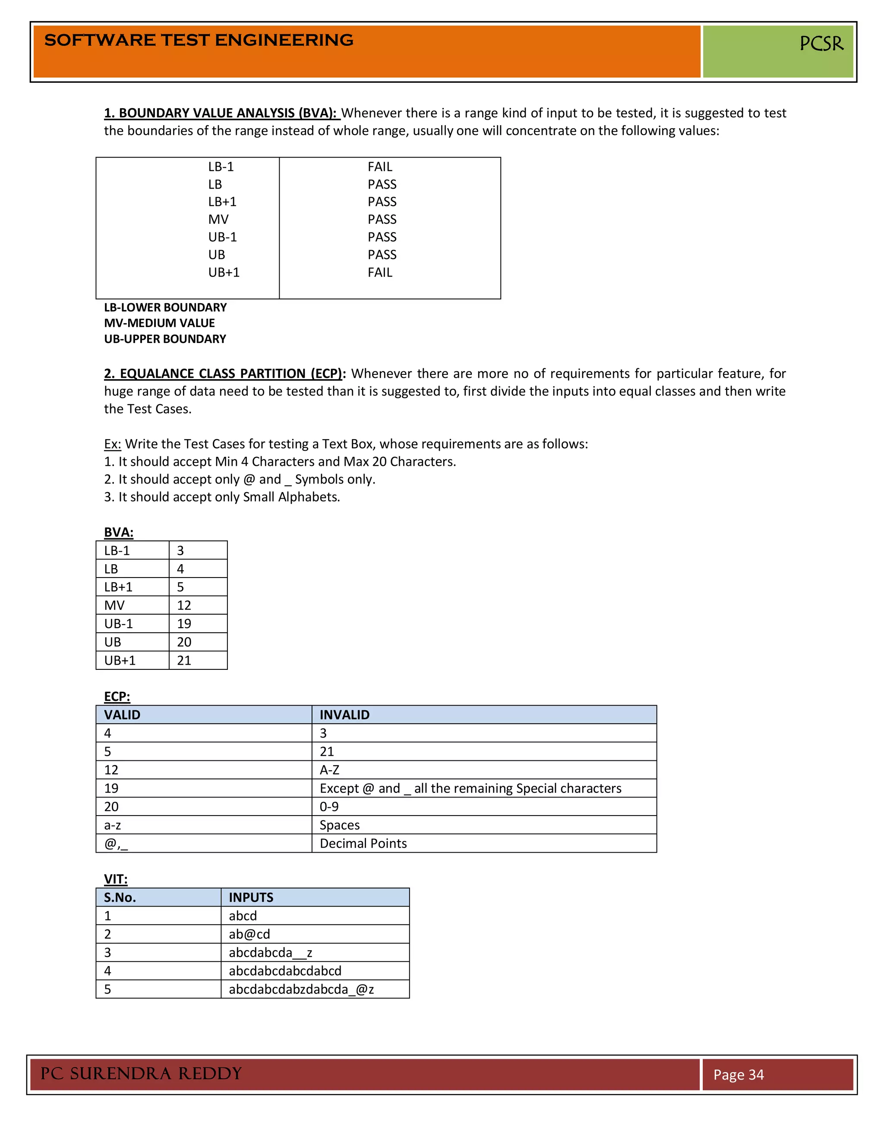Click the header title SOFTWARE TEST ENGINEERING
(x=199, y=40)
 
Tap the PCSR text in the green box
(x=821, y=44)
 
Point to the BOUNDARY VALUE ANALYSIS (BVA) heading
(x=221, y=113)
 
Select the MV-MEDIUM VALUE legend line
(x=159, y=323)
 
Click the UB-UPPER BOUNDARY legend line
(x=165, y=339)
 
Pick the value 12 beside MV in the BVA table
(x=184, y=606)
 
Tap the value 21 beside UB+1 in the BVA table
(x=184, y=660)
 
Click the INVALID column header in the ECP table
(x=344, y=715)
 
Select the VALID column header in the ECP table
(x=122, y=715)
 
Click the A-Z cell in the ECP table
(x=329, y=770)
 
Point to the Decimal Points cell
(x=363, y=843)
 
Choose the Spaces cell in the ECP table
(x=339, y=825)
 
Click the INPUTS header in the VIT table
(x=251, y=898)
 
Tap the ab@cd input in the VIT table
(x=249, y=934)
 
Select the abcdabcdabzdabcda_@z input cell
(x=301, y=989)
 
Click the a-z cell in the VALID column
(x=113, y=825)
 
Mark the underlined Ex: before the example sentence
(x=112, y=444)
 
